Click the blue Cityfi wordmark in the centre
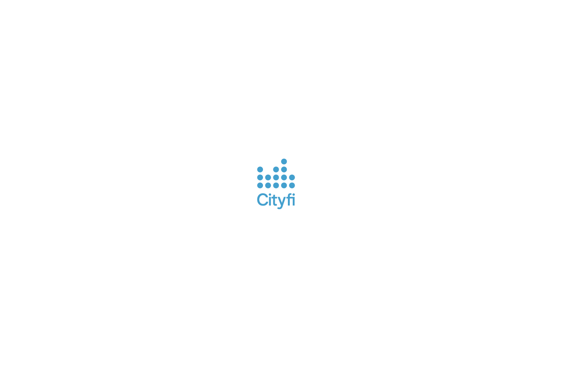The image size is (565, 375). (276, 200)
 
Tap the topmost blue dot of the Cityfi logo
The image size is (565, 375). (284, 161)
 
